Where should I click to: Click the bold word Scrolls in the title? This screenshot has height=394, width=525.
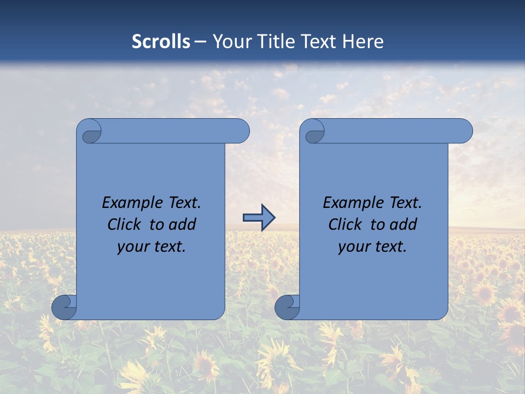(x=161, y=42)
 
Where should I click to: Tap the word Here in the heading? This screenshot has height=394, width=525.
(x=363, y=42)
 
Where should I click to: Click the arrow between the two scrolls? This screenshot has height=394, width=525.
(x=259, y=218)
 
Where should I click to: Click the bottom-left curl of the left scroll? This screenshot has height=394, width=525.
(x=64, y=307)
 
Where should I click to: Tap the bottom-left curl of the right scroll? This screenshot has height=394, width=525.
(x=287, y=307)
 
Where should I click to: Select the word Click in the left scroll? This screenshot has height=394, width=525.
(x=124, y=224)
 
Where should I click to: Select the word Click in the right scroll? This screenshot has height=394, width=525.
(x=345, y=224)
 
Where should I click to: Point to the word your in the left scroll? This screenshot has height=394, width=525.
(x=133, y=247)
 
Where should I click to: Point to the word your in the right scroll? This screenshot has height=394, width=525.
(x=354, y=247)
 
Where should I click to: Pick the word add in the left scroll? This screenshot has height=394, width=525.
(x=183, y=224)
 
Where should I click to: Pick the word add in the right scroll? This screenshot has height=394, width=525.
(x=404, y=224)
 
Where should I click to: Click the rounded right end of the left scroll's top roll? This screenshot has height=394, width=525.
(x=241, y=131)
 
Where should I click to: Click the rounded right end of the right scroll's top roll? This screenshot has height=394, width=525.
(x=464, y=131)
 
